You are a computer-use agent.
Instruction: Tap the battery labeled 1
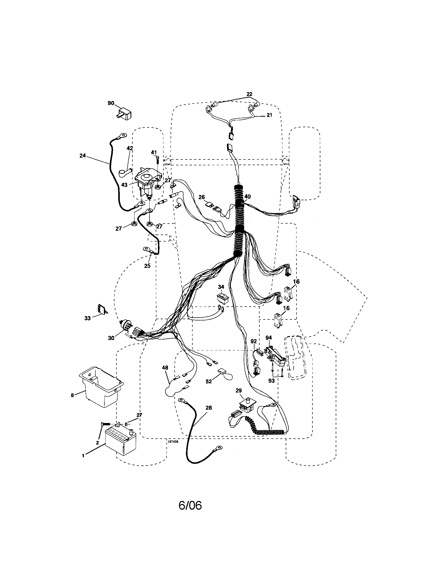coord(121,441)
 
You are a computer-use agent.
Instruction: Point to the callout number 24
coord(83,156)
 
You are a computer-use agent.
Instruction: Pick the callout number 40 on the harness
coord(247,197)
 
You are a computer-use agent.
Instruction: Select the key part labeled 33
coord(102,309)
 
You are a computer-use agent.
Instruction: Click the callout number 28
coord(209,408)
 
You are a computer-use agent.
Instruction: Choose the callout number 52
coord(209,381)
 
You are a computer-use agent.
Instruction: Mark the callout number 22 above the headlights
coord(249,94)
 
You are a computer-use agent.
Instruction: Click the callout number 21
coord(269,115)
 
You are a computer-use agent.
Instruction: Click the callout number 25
coord(147,266)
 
